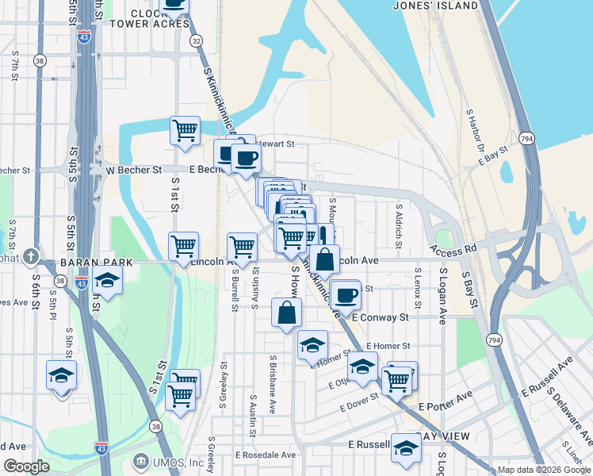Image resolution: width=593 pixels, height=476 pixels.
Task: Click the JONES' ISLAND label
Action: pyautogui.click(x=435, y=6)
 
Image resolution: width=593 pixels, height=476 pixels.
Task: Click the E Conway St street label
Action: pyautogui.click(x=380, y=317)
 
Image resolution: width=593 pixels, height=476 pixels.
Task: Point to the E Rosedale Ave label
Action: pyautogui.click(x=266, y=455)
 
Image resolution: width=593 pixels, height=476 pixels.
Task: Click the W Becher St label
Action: pyautogui.click(x=134, y=169)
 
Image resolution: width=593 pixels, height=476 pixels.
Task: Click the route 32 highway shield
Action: pyautogui.click(x=196, y=40)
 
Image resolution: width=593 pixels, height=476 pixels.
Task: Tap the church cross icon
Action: pyautogui.click(x=30, y=256)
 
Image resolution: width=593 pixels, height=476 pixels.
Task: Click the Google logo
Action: pyautogui.click(x=27, y=466)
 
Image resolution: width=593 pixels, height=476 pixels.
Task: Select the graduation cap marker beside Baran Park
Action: pyautogui.click(x=107, y=280)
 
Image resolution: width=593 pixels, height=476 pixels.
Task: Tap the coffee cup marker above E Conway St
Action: pyautogui.click(x=345, y=295)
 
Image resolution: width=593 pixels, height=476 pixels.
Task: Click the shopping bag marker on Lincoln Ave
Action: pyautogui.click(x=324, y=259)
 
